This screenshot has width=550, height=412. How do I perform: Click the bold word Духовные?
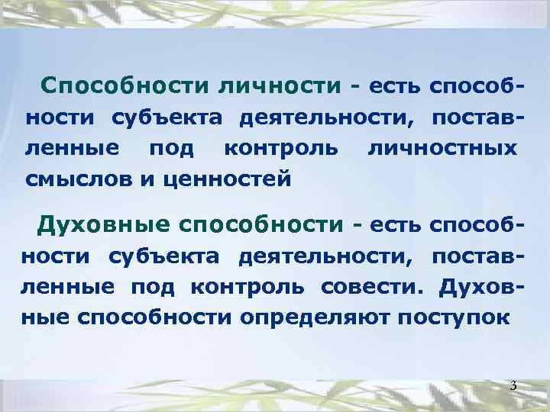103,225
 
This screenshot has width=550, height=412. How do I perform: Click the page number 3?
513,386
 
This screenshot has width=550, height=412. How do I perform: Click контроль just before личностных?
280,146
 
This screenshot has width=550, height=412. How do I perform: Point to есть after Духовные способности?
395,225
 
